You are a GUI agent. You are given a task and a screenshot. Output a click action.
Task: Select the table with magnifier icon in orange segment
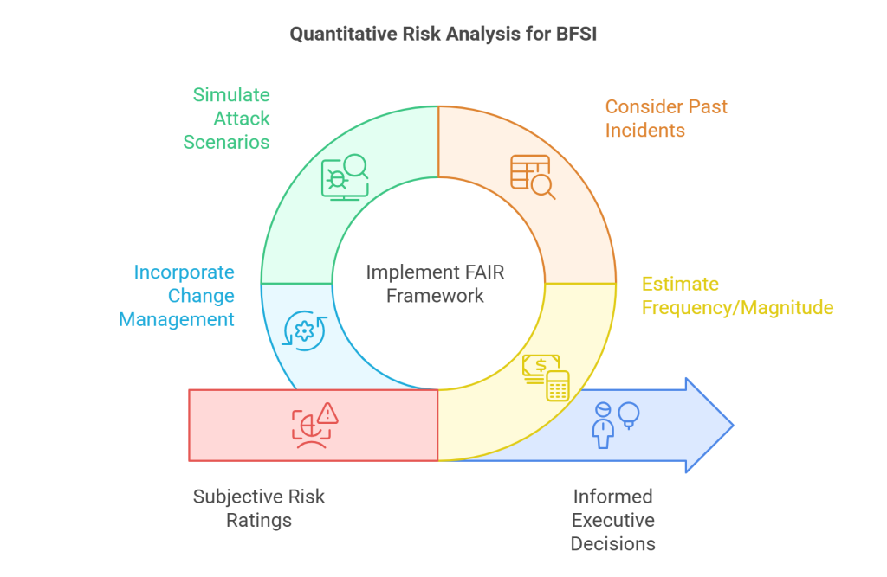click(x=531, y=176)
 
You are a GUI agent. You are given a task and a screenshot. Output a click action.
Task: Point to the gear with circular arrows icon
click(x=305, y=330)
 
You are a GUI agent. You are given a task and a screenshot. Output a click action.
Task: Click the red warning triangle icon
click(x=327, y=413)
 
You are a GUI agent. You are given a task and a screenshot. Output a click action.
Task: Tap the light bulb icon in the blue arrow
click(x=629, y=414)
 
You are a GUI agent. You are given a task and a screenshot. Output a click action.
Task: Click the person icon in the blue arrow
click(x=604, y=425)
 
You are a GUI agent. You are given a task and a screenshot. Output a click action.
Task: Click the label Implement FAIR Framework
click(x=436, y=284)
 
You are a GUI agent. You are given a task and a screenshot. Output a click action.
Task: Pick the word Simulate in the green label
click(x=231, y=95)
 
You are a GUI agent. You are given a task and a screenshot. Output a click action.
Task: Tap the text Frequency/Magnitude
click(x=737, y=307)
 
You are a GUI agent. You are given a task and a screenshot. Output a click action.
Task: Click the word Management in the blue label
click(x=177, y=319)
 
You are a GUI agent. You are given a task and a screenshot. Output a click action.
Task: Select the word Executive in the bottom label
click(x=612, y=520)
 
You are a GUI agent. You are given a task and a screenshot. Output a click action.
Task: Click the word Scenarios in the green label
click(x=227, y=142)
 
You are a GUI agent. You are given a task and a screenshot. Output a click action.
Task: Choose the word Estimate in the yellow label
click(x=680, y=284)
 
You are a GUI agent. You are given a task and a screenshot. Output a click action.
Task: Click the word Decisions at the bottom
click(x=612, y=543)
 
